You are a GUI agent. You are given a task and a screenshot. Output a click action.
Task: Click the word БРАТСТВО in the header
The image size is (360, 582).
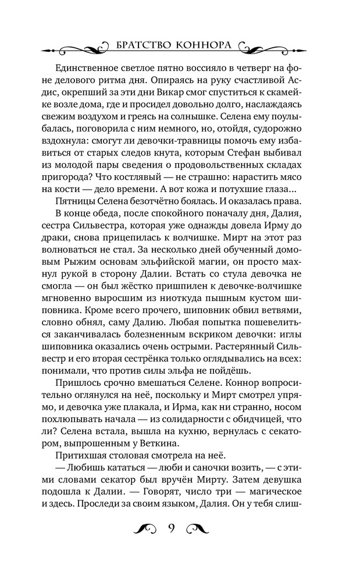(141, 45)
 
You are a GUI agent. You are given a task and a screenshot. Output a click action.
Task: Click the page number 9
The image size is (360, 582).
(172, 528)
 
